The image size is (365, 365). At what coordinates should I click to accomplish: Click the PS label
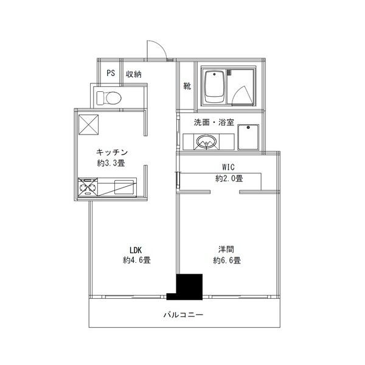tap(110, 74)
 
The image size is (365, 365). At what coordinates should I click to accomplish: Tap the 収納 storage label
tap(134, 74)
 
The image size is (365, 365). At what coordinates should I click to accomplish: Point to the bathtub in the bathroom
tap(215, 87)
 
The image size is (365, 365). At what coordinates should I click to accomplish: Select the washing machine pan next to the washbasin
tap(249, 138)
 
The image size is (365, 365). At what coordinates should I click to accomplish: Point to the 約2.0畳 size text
tap(229, 179)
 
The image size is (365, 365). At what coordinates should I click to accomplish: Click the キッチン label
tap(111, 151)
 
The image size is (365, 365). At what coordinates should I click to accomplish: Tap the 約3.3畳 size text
tap(111, 163)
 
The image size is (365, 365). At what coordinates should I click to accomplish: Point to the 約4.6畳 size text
tap(136, 260)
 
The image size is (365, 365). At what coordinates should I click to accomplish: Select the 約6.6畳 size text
tap(227, 260)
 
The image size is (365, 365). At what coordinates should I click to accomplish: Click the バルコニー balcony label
tap(183, 315)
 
